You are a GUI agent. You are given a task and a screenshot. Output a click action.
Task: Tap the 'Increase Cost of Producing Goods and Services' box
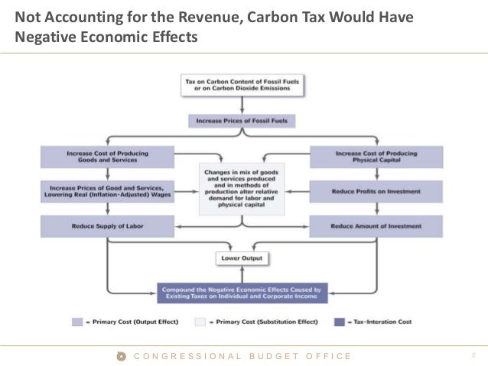coord(108,157)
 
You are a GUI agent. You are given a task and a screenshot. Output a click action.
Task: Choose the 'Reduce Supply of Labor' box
coord(108,226)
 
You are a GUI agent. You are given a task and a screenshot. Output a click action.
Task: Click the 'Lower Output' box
coord(242,258)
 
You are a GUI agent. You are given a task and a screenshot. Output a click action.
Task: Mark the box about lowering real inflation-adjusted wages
coord(108,191)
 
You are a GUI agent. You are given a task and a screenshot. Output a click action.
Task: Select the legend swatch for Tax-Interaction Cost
coord(339,322)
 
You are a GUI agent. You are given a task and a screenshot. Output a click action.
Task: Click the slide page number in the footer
coord(473,356)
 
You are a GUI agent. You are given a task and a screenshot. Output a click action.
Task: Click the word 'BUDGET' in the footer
coord(273,356)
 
